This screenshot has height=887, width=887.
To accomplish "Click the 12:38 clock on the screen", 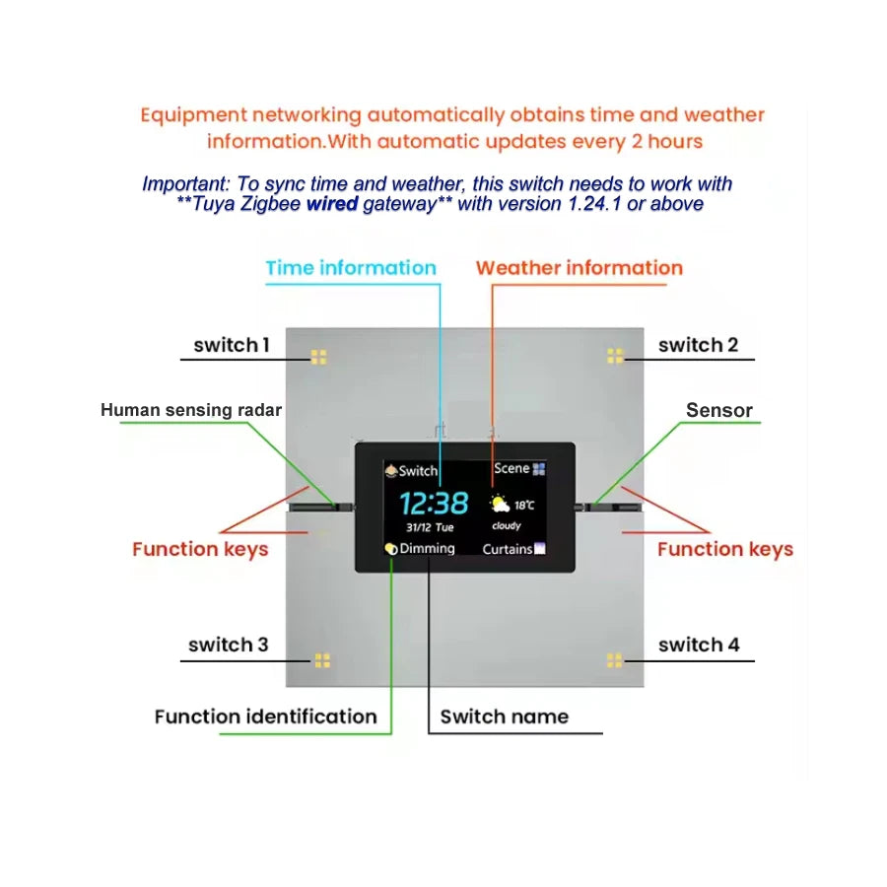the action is [434, 503].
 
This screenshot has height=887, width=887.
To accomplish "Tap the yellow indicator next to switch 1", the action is [318, 357].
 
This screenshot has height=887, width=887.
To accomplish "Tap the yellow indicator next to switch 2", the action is [615, 356].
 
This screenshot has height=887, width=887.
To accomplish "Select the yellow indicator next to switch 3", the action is [322, 660].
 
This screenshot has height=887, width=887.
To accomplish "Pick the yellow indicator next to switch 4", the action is [614, 660].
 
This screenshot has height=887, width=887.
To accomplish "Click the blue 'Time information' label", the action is [351, 267].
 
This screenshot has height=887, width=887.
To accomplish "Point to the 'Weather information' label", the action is [580, 267].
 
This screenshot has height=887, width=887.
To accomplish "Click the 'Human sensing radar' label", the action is [191, 410].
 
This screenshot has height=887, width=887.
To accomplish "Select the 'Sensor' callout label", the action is [719, 410].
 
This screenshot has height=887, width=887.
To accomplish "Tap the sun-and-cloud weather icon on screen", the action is [500, 504].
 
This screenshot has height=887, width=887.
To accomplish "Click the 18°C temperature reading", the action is [524, 506].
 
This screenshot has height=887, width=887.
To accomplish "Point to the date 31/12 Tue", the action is [430, 527].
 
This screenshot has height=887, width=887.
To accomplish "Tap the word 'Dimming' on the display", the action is [427, 548].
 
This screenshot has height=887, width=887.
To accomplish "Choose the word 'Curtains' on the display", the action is [508, 549].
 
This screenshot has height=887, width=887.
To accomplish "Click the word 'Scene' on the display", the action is [512, 468].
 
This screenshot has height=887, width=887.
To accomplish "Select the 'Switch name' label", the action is [505, 716].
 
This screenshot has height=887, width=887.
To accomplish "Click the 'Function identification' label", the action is [266, 716].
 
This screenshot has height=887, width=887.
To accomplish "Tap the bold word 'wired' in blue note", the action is [332, 204].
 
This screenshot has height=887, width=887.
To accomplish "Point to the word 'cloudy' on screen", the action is [507, 526].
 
